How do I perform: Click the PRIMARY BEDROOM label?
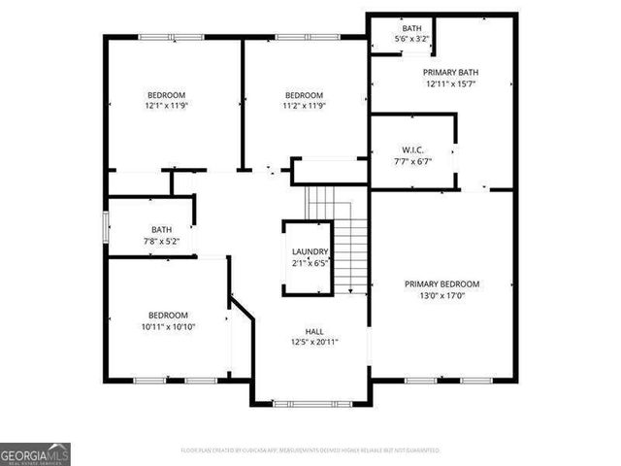441,283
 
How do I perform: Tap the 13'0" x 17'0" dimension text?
441,295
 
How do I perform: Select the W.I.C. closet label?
411,150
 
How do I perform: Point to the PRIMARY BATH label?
450,72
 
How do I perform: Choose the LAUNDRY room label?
310,252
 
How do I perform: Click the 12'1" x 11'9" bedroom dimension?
166,106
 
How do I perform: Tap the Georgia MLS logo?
35,454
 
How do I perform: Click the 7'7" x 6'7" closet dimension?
411,162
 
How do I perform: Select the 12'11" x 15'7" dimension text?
450,83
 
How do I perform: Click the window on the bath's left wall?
107,225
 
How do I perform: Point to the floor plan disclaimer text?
310,450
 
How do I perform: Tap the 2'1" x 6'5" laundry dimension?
310,263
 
